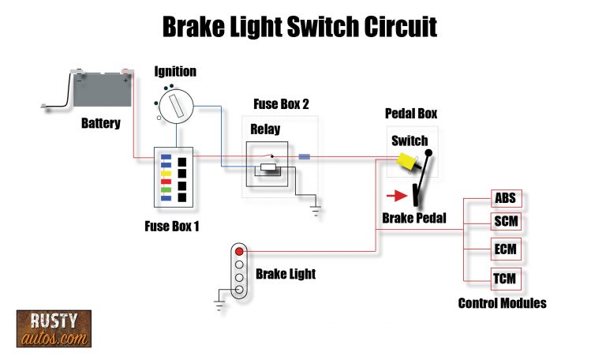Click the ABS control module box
tap(505, 198)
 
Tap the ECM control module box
tap(505, 250)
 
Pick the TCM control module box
tap(505, 279)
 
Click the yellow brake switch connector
tap(409, 163)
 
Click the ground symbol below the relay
tap(316, 210)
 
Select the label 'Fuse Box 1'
tap(171, 227)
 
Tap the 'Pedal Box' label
tap(410, 113)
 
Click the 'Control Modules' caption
tap(502, 303)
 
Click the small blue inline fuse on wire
tap(305, 157)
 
